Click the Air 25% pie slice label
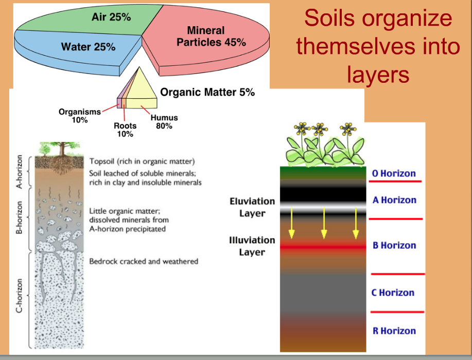111,17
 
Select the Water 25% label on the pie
88,47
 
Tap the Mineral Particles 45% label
211,36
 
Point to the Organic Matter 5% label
207,92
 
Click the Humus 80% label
164,121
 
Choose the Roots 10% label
125,130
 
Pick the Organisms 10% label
80,116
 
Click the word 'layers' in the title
378,74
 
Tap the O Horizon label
394,173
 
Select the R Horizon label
394,331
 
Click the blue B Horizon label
394,245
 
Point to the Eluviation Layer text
252,207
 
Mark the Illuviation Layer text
252,246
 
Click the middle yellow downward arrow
324,223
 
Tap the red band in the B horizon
323,247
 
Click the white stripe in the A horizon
323,208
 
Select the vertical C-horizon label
19,296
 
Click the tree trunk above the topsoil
62,149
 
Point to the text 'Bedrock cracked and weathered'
144,261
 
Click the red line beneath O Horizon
395,182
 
